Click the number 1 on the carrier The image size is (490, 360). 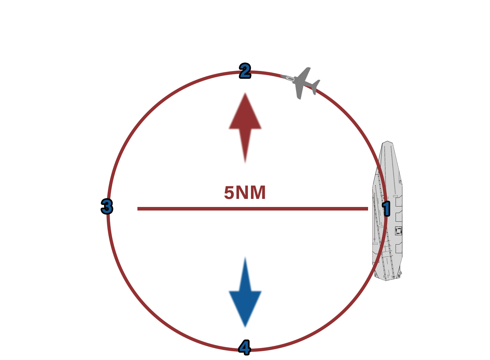click(x=386, y=209)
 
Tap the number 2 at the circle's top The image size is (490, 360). click(x=245, y=71)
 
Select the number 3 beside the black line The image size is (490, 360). click(x=106, y=207)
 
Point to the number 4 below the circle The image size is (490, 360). click(x=244, y=348)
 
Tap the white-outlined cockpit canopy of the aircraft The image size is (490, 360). click(x=290, y=79)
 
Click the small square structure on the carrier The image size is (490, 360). click(x=399, y=231)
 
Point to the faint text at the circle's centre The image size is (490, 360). click(x=245, y=193)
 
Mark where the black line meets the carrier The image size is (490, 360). click(x=372, y=215)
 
